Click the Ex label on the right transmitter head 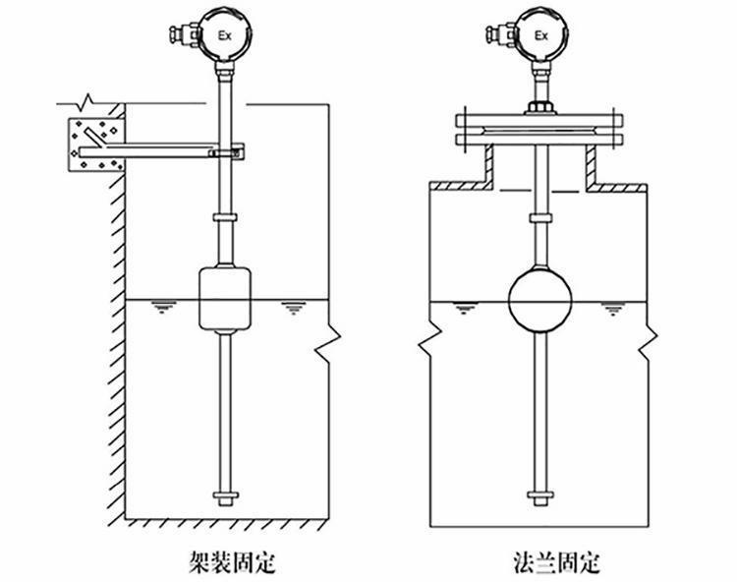pyautogui.click(x=540, y=35)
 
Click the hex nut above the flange pyautogui.click(x=539, y=104)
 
